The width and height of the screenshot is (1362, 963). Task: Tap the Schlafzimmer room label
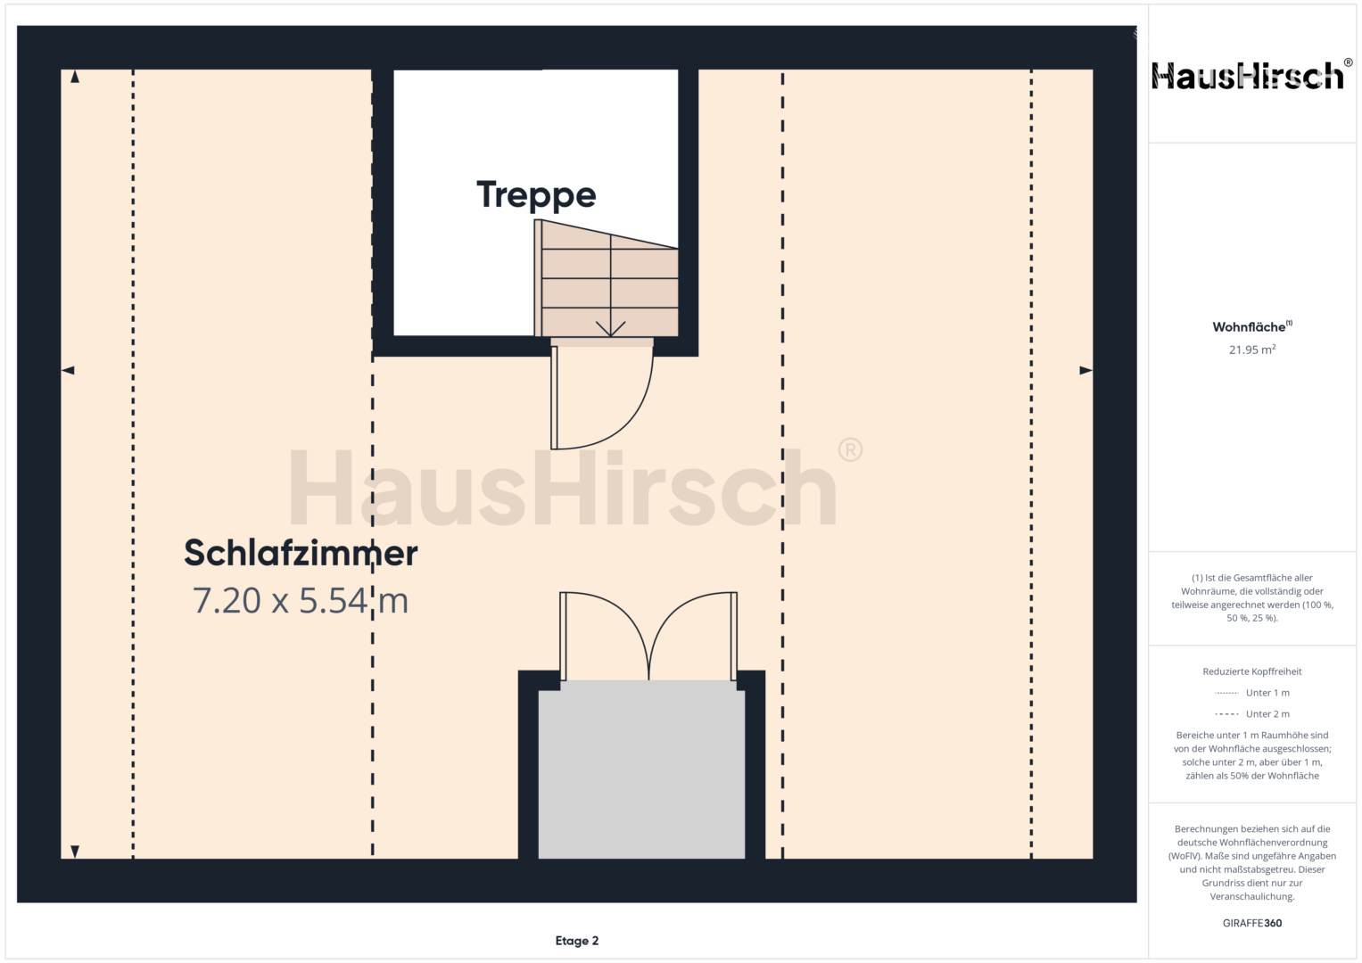301,553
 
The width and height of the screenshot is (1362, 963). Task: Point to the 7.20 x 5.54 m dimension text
301,601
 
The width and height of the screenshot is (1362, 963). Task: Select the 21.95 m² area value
1252,350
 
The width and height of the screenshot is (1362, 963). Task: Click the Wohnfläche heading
1252,326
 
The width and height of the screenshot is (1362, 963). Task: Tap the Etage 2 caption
577,941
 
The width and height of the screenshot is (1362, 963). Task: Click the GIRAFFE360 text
1252,923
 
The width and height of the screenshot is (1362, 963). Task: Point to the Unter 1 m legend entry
1252,693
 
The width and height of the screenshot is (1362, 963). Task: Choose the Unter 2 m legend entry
1252,713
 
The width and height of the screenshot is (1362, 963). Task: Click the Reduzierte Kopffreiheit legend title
1252,671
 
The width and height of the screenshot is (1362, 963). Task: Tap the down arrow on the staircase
610,330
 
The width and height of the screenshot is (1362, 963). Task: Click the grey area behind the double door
641,769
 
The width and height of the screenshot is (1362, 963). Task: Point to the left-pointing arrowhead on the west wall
68,370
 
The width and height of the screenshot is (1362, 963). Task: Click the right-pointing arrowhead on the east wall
1086,370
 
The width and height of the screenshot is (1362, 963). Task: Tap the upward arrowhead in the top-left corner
75,77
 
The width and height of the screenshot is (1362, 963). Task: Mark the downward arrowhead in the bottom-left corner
75,852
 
